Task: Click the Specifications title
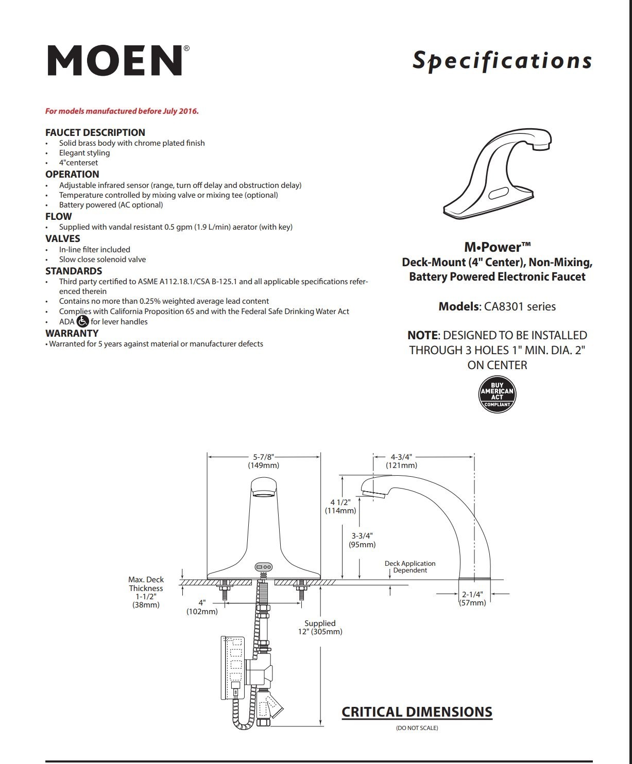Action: coord(502,61)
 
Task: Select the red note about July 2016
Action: coord(122,111)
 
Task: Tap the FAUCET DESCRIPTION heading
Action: coord(95,132)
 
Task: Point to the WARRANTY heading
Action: coord(72,333)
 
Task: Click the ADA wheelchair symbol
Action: coord(82,321)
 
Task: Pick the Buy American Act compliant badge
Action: coord(497,394)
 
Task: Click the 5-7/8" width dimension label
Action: coord(263,461)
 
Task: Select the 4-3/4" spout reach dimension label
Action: coord(401,461)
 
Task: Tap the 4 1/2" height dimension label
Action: coord(340,506)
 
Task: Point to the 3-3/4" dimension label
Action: coord(362,540)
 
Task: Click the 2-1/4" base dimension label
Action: coord(472,598)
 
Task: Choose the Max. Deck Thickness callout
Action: coord(146,592)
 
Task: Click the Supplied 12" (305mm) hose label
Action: coord(320,627)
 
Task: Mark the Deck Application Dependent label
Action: coord(410,566)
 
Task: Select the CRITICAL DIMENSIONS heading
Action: coord(417,712)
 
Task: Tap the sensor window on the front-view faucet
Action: coord(263,567)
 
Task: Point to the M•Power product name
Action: coord(497,247)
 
